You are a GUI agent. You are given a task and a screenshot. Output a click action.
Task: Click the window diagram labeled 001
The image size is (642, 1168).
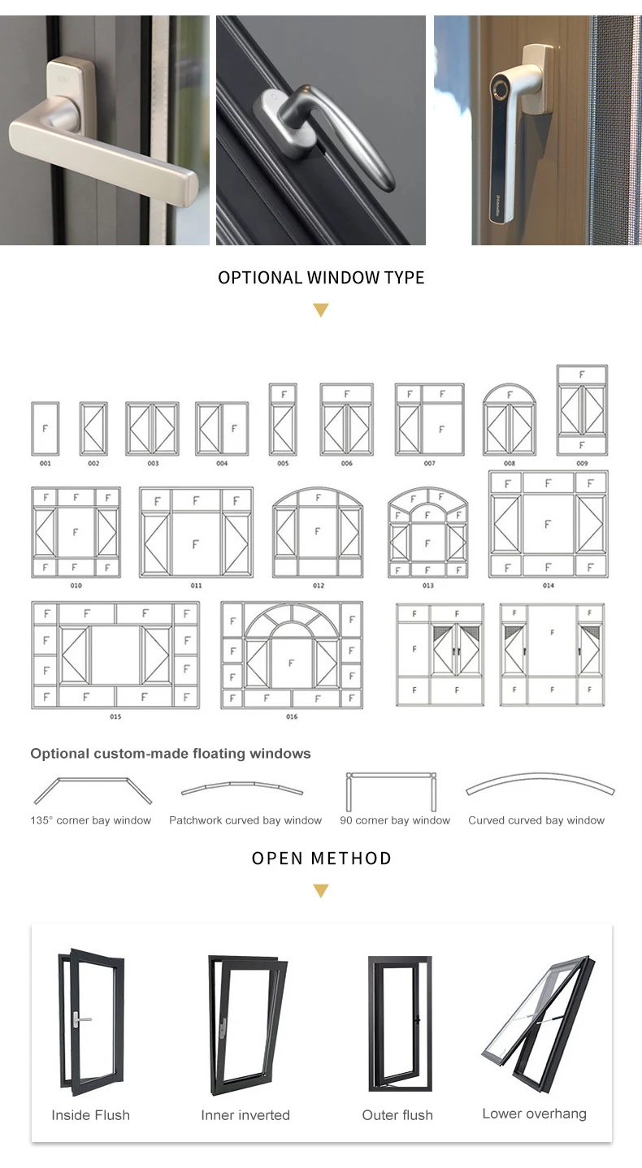click(x=45, y=429)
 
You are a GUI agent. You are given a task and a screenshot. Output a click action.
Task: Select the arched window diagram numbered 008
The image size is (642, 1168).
click(x=510, y=420)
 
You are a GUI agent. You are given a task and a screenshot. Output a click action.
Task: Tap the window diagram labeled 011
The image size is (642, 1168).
click(x=196, y=533)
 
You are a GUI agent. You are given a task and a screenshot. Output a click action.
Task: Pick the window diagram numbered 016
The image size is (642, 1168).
click(x=292, y=655)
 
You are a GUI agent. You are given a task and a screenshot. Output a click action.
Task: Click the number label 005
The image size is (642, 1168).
click(x=282, y=464)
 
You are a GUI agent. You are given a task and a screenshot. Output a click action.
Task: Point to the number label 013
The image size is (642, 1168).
click(x=427, y=586)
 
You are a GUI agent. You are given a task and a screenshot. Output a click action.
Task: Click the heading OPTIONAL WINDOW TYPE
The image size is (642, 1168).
click(x=321, y=278)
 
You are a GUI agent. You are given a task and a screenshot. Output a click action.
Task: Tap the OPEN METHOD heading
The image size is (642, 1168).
click(x=321, y=859)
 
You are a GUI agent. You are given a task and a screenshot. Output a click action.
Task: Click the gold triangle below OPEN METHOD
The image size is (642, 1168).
click(x=321, y=892)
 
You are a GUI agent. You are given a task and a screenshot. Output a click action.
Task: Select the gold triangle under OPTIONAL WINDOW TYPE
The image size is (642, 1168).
click(x=321, y=310)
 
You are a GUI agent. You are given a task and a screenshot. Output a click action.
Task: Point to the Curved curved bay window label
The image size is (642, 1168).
click(x=536, y=820)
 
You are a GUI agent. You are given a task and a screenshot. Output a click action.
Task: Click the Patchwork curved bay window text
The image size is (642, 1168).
click(x=245, y=820)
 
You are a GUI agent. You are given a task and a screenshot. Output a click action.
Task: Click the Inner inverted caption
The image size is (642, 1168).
click(x=245, y=1115)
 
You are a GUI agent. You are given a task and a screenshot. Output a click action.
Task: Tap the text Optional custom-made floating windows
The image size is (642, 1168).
click(x=171, y=754)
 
